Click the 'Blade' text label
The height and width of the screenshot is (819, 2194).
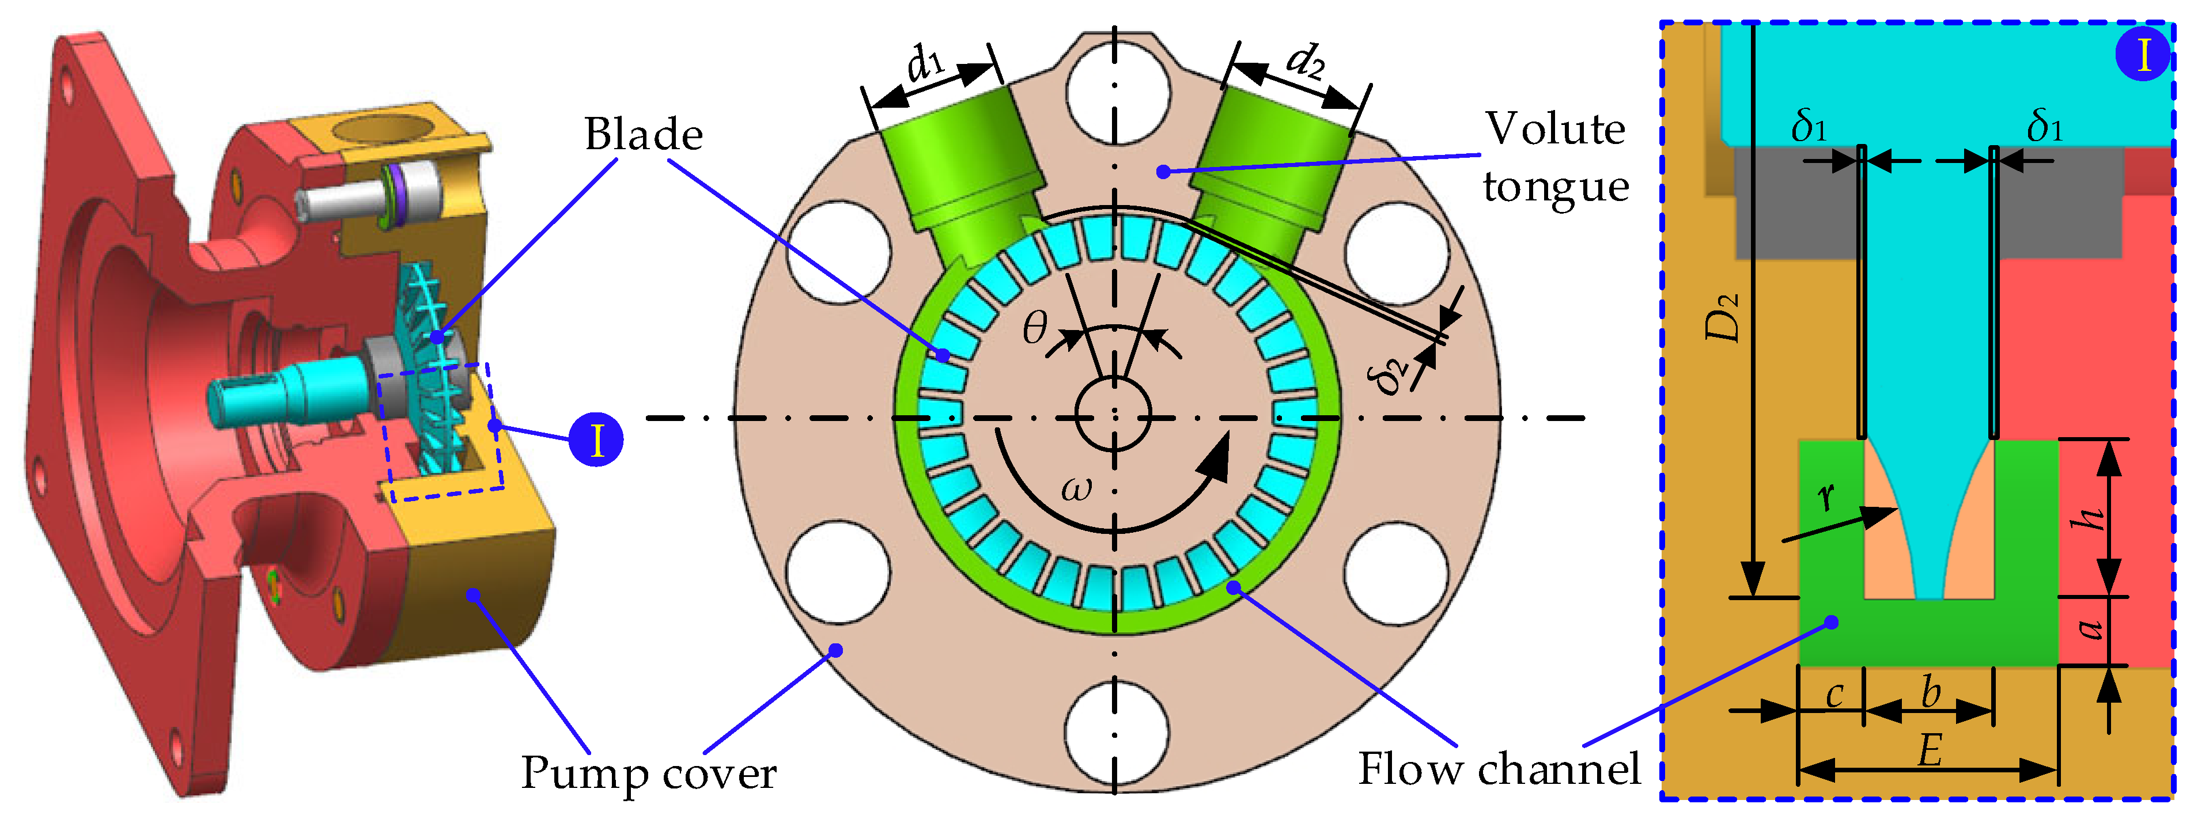643,135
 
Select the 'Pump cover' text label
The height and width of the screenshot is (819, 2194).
648,773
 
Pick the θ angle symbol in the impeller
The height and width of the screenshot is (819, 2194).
1035,328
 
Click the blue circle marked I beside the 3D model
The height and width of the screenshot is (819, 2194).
596,439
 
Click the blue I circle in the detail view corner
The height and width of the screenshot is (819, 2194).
2142,55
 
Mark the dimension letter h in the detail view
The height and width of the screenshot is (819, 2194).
2087,518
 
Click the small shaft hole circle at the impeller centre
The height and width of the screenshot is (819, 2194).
1113,415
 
